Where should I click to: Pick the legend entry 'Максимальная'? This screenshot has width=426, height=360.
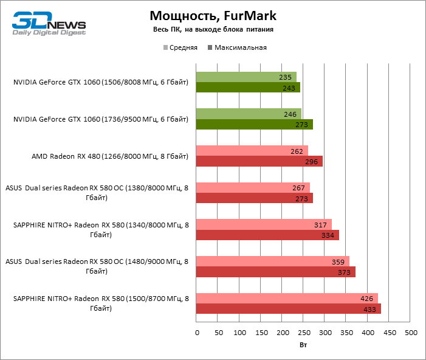[x=237, y=47]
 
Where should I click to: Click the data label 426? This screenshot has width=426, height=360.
[x=367, y=298]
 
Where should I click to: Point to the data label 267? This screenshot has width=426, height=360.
[x=298, y=188]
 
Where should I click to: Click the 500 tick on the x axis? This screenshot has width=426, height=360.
[x=411, y=333]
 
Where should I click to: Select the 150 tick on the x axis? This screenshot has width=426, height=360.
[x=261, y=333]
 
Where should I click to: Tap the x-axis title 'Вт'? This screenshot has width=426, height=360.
[x=303, y=345]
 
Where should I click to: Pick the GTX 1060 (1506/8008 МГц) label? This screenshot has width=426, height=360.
[x=101, y=83]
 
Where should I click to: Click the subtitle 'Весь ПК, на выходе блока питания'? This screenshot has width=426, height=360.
[x=212, y=29]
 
